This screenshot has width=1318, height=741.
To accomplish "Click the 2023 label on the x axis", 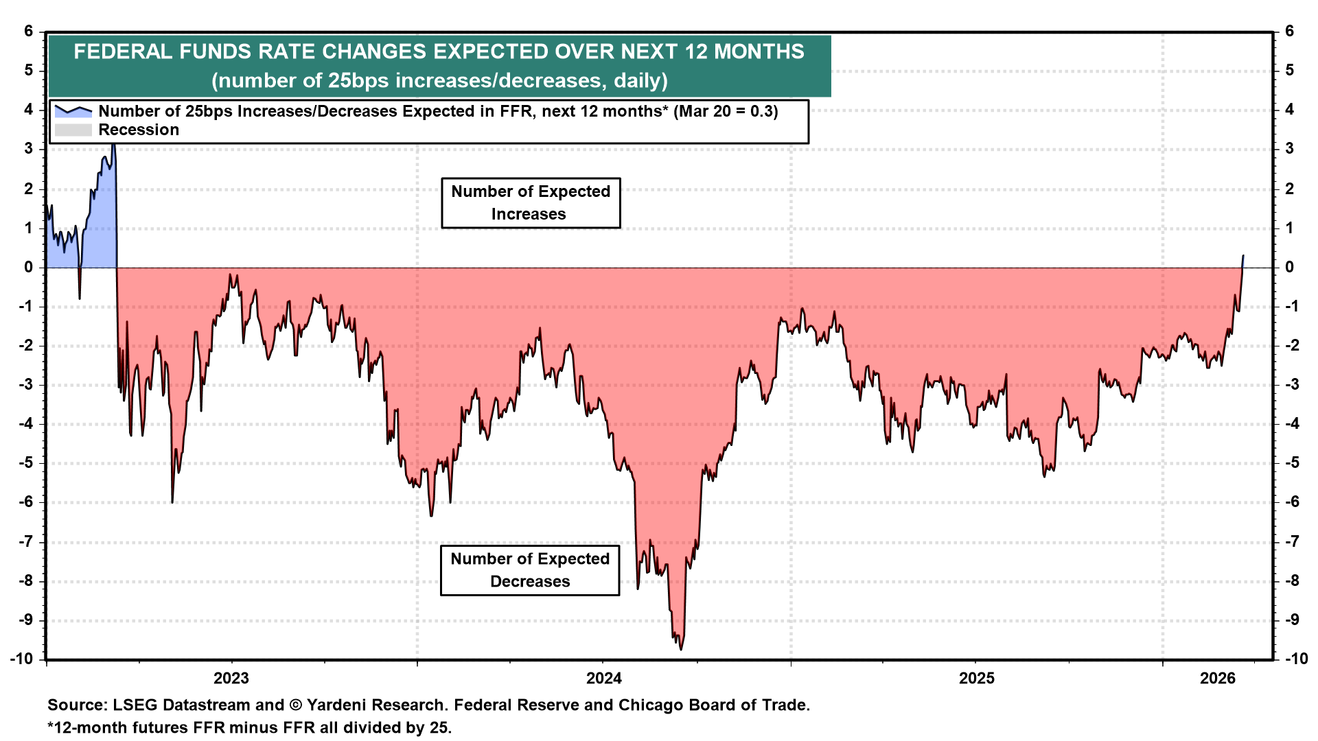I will click(x=231, y=679).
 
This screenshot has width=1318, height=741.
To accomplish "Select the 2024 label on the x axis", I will click(x=604, y=679).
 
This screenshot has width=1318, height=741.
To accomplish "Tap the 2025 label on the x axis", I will click(x=976, y=679).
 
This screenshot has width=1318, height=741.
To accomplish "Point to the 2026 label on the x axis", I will click(x=1218, y=679).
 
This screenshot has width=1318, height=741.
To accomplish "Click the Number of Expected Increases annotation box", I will click(x=531, y=203).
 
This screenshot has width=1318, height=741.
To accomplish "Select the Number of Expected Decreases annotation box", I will click(x=530, y=570).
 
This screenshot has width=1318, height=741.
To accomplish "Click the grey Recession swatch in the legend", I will click(x=73, y=130).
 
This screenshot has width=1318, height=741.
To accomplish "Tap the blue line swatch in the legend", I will click(x=73, y=111).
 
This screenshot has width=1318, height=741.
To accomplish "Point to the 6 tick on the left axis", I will click(x=29, y=31).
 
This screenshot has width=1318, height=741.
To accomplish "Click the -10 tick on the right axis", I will click(x=1295, y=659).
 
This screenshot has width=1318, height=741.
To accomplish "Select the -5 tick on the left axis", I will click(x=25, y=462).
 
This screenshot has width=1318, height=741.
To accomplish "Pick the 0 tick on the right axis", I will click(x=1290, y=267).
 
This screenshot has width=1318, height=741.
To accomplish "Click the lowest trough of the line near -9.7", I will click(x=680, y=649).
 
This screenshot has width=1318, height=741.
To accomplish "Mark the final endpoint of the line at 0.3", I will click(x=1243, y=256).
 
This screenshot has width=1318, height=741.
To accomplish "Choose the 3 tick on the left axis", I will click(x=29, y=149).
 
